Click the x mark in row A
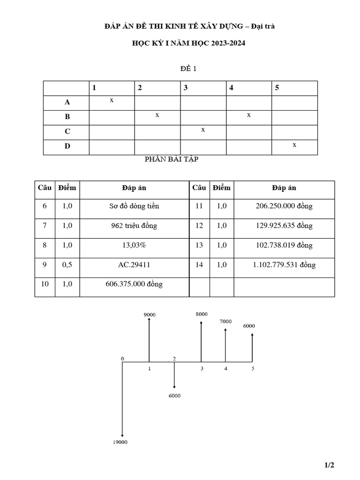[x=112, y=100]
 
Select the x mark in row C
[x=203, y=130]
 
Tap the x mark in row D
[x=294, y=145]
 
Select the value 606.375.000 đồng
[x=134, y=284]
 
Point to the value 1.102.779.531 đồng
[x=284, y=265]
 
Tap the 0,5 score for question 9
[x=67, y=265]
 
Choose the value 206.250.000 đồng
[x=284, y=206]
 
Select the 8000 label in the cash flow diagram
[x=202, y=314]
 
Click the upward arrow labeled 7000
[x=225, y=345]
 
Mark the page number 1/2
[x=329, y=465]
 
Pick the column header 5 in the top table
[x=277, y=88]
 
